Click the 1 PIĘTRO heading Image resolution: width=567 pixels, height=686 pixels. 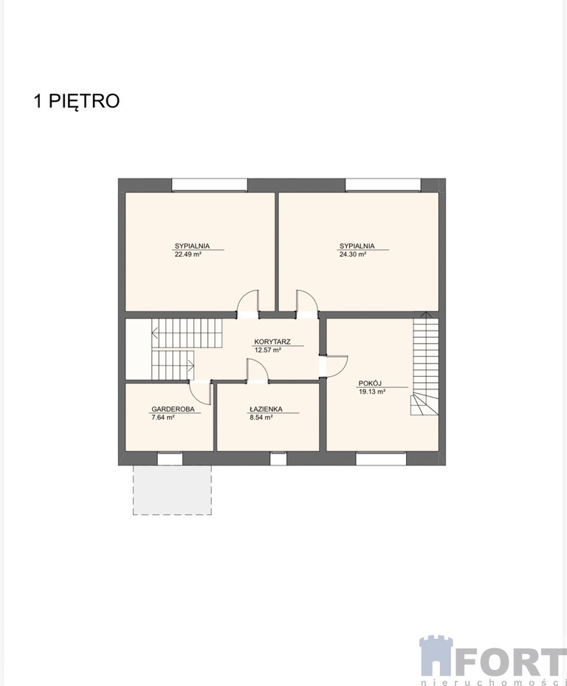click(x=77, y=101)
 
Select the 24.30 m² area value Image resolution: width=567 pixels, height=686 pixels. click(x=353, y=254)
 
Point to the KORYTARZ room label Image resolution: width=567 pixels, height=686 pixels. click(x=272, y=342)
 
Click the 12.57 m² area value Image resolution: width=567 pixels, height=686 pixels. click(x=267, y=350)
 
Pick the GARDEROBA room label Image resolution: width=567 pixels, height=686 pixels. click(x=173, y=409)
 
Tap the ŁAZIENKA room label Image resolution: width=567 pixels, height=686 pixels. click(x=266, y=409)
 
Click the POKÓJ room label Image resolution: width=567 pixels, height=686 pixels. click(x=370, y=384)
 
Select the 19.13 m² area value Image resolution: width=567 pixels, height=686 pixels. click(x=372, y=392)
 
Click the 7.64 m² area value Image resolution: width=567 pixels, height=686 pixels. click(x=163, y=418)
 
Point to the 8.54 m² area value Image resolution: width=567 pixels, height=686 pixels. click(x=261, y=418)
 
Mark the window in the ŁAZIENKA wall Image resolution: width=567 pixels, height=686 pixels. click(x=278, y=459)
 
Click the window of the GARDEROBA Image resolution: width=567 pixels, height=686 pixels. click(x=170, y=459)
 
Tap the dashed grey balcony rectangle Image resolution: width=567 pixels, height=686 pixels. click(x=172, y=490)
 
